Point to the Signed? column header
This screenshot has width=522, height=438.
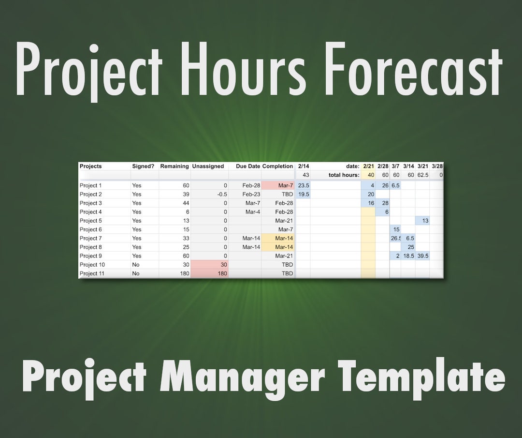[x=143, y=166]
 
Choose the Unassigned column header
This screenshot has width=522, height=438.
[x=208, y=166]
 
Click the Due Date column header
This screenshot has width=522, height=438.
[x=248, y=166]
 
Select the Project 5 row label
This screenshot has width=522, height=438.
[x=91, y=221]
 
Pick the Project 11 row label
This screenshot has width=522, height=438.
[x=92, y=273]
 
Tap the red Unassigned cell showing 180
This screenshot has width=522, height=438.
[x=209, y=273]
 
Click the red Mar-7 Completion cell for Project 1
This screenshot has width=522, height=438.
[x=278, y=185]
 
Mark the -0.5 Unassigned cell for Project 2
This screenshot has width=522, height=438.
[x=209, y=194]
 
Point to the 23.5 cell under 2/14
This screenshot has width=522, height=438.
[x=304, y=185]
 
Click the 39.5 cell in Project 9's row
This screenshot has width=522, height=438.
[x=423, y=256]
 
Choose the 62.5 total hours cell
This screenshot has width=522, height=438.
[x=423, y=175]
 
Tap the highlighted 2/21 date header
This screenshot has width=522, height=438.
[x=368, y=166]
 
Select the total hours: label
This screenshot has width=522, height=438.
[x=344, y=175]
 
